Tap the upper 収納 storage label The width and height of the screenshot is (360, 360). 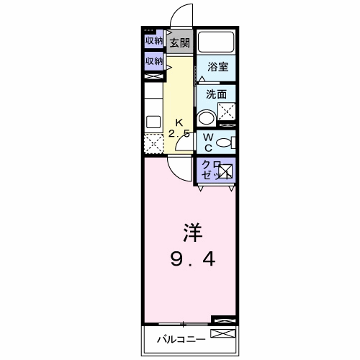pos(153,41)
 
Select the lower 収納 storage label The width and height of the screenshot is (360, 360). pos(153,62)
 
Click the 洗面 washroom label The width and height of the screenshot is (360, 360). pos(216,94)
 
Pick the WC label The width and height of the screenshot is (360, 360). pos(207,142)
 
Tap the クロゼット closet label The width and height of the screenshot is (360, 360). pos(210,170)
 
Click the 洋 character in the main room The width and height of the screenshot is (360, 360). pos(190,234)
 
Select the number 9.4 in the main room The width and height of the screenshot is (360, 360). pos(190,258)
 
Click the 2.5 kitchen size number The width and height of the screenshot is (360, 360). pos(179,134)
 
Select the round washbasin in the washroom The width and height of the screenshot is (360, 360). pos(207,118)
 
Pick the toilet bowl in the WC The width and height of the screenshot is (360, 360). pos(224,142)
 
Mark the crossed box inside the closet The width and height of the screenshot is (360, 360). pos(225,171)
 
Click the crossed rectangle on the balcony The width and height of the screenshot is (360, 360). pos(222,335)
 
